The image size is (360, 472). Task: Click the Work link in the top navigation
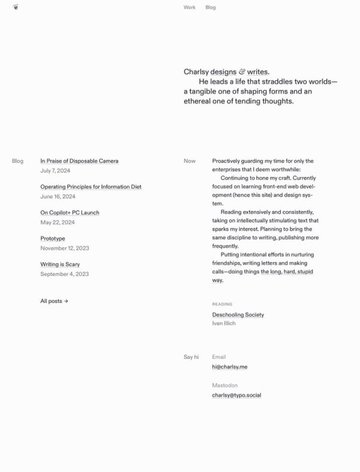point(189,7)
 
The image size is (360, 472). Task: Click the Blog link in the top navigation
point(210,7)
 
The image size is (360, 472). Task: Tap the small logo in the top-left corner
point(15,7)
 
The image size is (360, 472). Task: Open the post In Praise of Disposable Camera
point(79,160)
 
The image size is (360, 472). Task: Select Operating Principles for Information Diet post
point(90,186)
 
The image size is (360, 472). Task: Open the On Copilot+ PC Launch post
point(69,212)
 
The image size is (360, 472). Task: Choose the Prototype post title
point(52,238)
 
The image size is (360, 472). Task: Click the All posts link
point(54,300)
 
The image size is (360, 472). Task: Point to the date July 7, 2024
point(57,170)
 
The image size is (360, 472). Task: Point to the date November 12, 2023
point(64,248)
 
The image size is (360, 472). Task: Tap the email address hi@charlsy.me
point(229,367)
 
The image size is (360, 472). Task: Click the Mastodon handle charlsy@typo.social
point(236,395)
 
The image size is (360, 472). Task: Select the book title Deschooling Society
point(238,314)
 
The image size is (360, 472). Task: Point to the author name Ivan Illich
point(224,323)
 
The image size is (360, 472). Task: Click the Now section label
point(189,160)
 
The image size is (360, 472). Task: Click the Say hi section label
point(190,357)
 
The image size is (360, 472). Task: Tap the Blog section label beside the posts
point(17,160)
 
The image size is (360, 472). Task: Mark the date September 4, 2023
point(64,274)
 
